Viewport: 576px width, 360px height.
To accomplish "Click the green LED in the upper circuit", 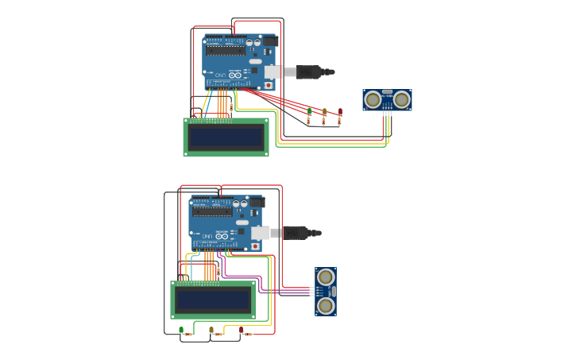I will pos(309,110).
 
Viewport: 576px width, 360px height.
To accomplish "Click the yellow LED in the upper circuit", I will pos(324,110).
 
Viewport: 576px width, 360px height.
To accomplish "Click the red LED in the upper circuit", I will pos(340,110).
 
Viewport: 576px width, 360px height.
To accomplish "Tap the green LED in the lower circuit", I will pos(181,329).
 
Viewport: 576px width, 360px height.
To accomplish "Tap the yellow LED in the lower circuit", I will pos(211,329).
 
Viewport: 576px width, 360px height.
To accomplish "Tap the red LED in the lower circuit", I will pos(242,329).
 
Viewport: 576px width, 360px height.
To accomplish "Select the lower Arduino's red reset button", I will pos(255,246).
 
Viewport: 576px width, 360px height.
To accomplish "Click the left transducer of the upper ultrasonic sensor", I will pos(373,99).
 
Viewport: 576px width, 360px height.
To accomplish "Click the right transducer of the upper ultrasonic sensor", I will pos(401,99).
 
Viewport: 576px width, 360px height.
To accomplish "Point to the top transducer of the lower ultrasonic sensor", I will pos(325,277).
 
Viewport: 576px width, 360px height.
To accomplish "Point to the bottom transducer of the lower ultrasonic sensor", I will pos(325,305).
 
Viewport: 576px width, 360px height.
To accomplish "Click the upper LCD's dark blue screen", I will pos(226,138).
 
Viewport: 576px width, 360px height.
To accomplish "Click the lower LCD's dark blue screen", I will pos(213,300).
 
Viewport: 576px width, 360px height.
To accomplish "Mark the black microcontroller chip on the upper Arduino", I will pos(226,49).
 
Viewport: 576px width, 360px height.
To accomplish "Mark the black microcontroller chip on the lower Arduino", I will pos(212,211).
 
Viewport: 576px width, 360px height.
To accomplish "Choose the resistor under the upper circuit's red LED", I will pos(340,122).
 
